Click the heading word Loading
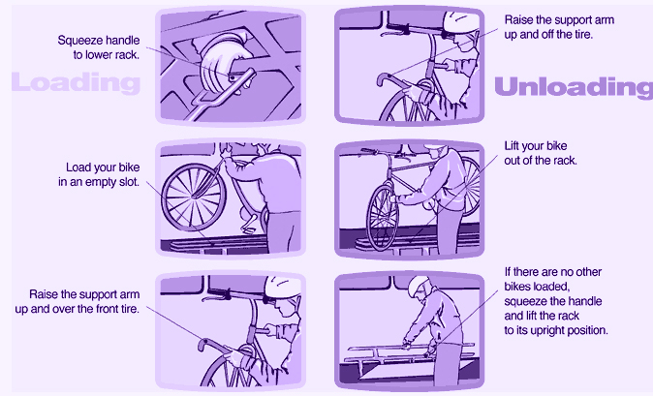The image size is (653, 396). pyautogui.click(x=76, y=82)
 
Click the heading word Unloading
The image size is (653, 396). pyautogui.click(x=574, y=87)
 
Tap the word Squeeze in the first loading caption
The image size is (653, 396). pyautogui.click(x=77, y=41)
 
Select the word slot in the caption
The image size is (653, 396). pyautogui.click(x=130, y=182)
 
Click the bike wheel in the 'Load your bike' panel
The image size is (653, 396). pyautogui.click(x=194, y=197)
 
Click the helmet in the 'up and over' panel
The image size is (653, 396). pyautogui.click(x=282, y=286)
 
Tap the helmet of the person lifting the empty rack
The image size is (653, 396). pyautogui.click(x=418, y=286)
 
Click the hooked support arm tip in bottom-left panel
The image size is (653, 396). pyautogui.click(x=202, y=345)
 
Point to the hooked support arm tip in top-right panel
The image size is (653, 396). pyautogui.click(x=382, y=79)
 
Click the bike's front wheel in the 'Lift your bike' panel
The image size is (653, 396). pyautogui.click(x=383, y=218)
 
